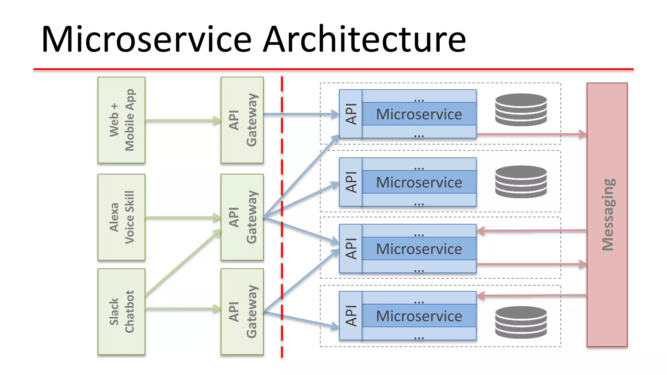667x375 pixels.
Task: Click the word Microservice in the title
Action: coord(147,40)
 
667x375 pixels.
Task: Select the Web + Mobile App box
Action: coord(121,120)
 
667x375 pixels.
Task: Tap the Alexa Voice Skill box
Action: coord(121,217)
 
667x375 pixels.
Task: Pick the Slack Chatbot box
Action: coord(121,312)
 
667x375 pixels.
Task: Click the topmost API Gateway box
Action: coord(242,120)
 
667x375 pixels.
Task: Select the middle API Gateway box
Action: coord(242,217)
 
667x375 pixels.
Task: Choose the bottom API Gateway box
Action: coord(242,312)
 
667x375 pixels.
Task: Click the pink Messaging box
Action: coord(607,215)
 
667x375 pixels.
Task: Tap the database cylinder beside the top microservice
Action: coord(520,110)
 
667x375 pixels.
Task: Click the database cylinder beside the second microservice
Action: coord(520,182)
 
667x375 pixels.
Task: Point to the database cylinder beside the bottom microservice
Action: coord(520,322)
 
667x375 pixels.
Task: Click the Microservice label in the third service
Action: coord(419,249)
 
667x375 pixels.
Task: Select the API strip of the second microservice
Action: coord(350,182)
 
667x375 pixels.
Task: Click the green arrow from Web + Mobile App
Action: coord(182,120)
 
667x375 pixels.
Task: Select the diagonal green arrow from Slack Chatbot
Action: coord(182,262)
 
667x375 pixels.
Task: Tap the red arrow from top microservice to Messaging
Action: coord(531,134)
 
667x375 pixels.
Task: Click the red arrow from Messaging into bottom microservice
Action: coord(531,296)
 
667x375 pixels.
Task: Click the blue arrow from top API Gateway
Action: coord(300,114)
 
